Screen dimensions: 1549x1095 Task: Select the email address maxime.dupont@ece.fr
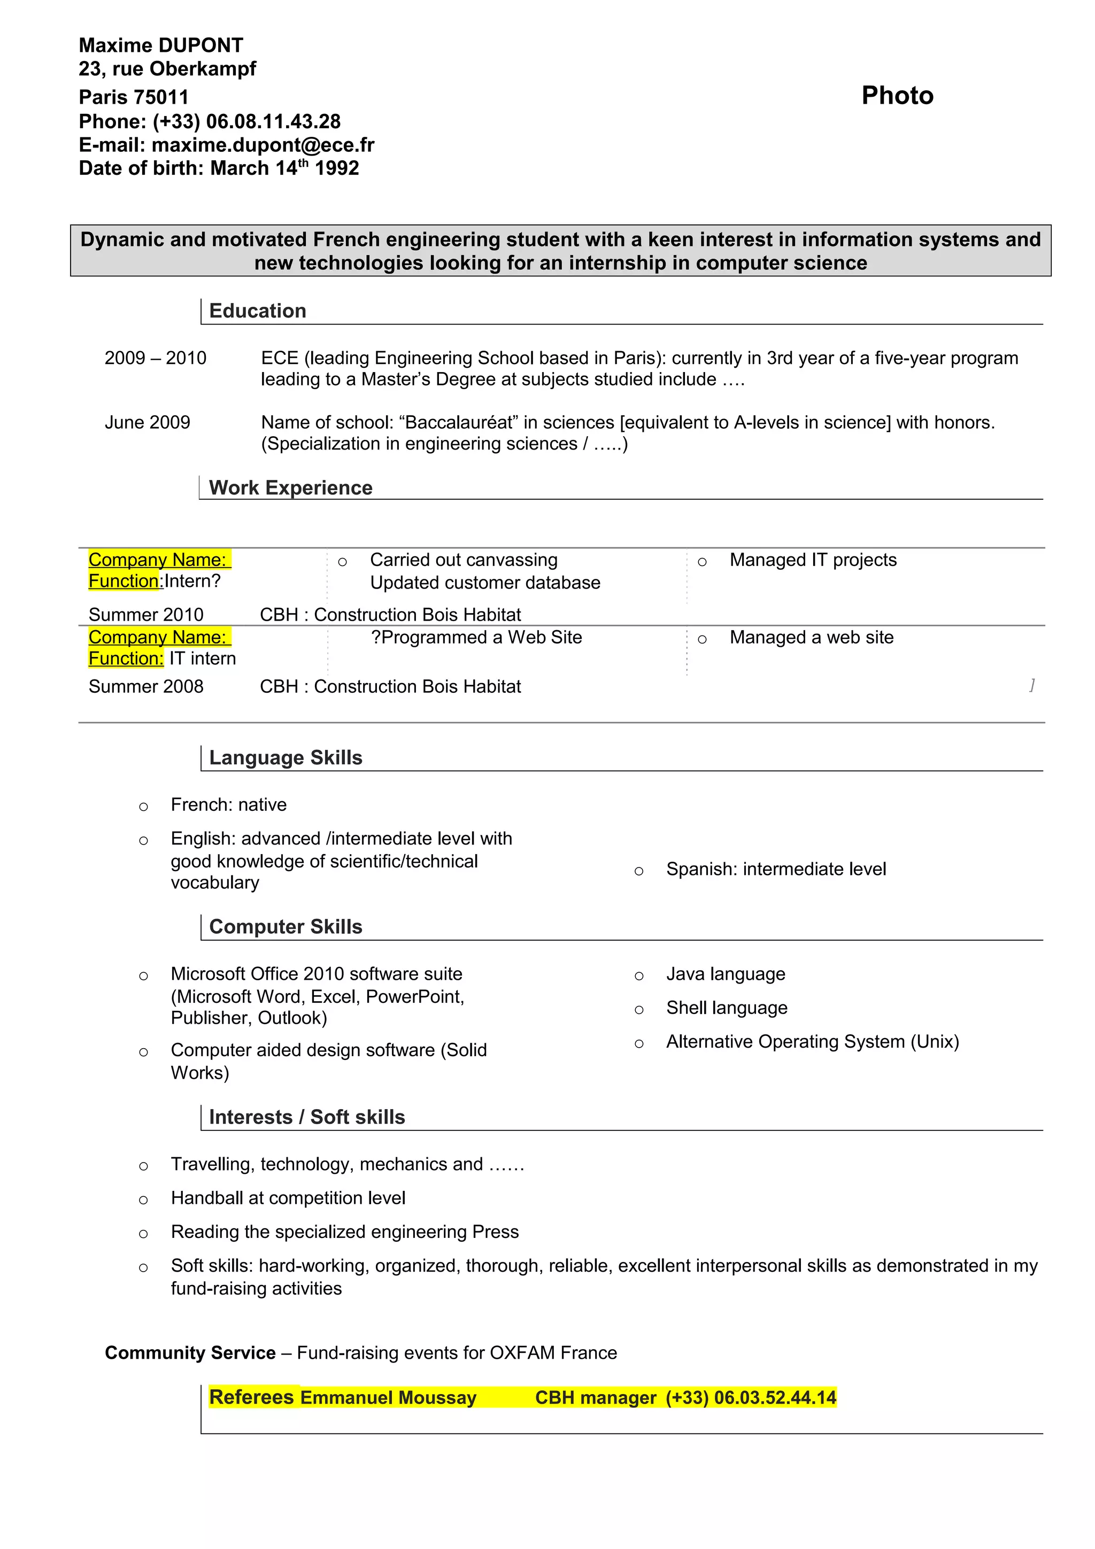pyautogui.click(x=263, y=145)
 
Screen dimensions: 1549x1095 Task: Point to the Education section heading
pyautogui.click(x=257, y=311)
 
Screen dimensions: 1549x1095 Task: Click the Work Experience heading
pyautogui.click(x=290, y=488)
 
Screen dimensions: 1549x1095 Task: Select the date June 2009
pyautogui.click(x=147, y=422)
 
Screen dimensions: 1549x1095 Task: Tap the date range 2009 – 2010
pyautogui.click(x=155, y=358)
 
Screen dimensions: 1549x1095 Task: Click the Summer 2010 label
pyautogui.click(x=146, y=615)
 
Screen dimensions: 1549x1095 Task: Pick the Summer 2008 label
pyautogui.click(x=146, y=687)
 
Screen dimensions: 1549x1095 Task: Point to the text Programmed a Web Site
pyautogui.click(x=480, y=638)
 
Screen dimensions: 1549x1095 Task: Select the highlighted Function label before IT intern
pyautogui.click(x=126, y=659)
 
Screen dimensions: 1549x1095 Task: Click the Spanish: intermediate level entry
pyautogui.click(x=775, y=869)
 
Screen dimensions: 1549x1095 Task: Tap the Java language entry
pyautogui.click(x=726, y=974)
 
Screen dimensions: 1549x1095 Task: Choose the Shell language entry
pyautogui.click(x=726, y=1008)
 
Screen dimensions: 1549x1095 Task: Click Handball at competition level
pyautogui.click(x=288, y=1198)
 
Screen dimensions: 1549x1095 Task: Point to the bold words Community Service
pyautogui.click(x=190, y=1353)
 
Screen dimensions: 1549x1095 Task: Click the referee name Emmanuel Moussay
pyautogui.click(x=388, y=1397)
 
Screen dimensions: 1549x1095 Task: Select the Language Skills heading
pyautogui.click(x=286, y=757)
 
